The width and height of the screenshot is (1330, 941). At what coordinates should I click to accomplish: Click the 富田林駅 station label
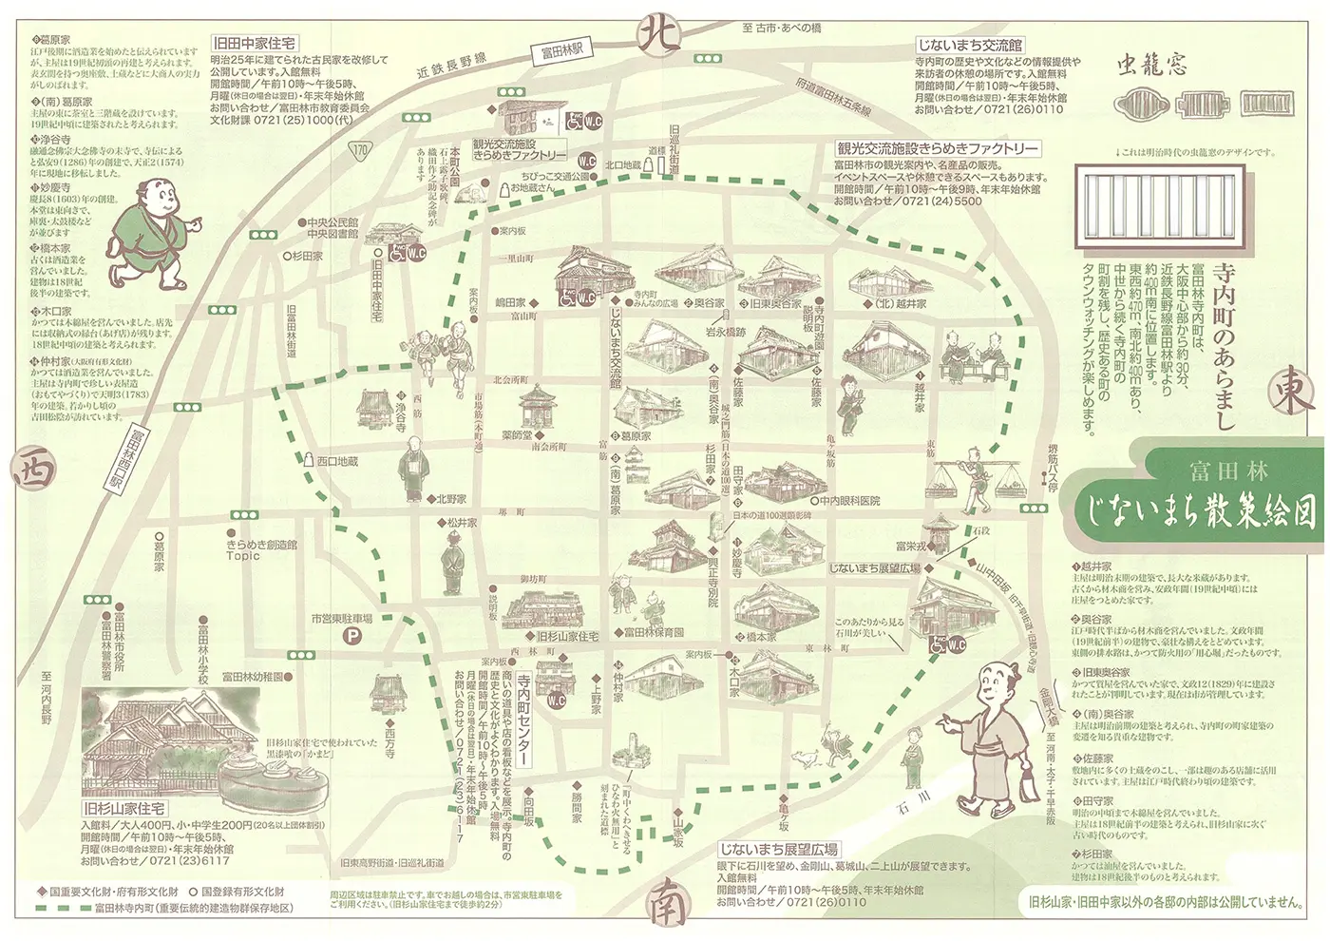pos(562,50)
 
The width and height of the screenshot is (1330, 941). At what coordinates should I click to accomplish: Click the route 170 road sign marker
pos(359,150)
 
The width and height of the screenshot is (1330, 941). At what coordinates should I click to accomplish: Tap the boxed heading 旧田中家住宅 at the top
pos(255,44)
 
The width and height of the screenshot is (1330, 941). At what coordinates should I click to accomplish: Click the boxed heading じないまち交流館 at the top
pos(969,45)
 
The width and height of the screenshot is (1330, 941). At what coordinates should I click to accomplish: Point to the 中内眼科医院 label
pos(849,500)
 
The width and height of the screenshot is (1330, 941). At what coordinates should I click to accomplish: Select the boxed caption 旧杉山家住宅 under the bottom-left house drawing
pos(123,808)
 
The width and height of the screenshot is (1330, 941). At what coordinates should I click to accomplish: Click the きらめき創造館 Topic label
pos(261,549)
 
